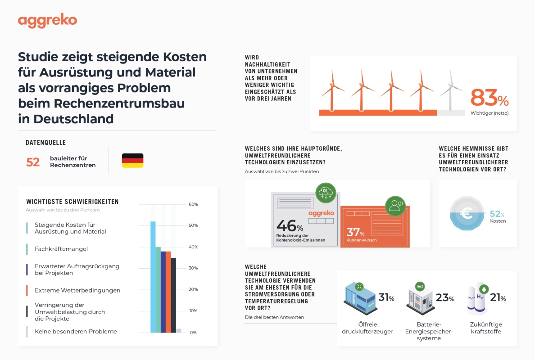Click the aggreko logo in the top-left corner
pos(47,21)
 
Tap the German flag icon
pos(132,161)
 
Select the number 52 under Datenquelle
pos(33,162)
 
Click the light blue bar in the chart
pos(153,277)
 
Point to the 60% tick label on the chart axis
pos(193,204)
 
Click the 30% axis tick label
pos(193,268)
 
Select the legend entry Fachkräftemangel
pos(61,249)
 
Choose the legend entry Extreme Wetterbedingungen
pos(77,290)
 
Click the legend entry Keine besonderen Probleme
pos(76,332)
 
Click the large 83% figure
pos(489,98)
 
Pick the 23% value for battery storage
pos(445,298)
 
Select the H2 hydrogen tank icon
pos(476,299)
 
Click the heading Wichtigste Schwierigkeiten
pos(73,202)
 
